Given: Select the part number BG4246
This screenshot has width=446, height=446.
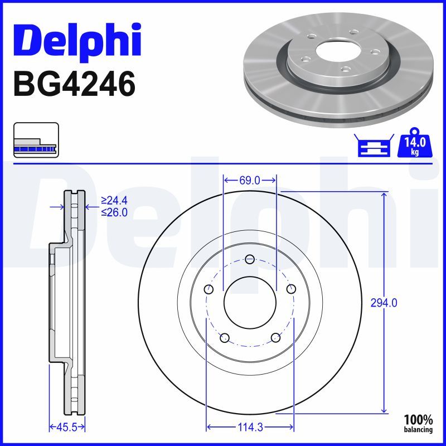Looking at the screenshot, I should pyautogui.click(x=74, y=85).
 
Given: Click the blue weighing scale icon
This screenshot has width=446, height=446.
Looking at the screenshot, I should pyautogui.click(x=372, y=147).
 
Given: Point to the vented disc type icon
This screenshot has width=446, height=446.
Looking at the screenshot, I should pyautogui.click(x=35, y=141).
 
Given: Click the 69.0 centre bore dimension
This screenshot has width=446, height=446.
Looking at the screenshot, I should pyautogui.click(x=250, y=180).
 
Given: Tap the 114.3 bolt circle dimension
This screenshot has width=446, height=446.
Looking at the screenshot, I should pyautogui.click(x=250, y=428).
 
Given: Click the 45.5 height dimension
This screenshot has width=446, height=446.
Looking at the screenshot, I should pyautogui.click(x=66, y=428).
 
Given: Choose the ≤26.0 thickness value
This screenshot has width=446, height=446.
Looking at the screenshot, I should pyautogui.click(x=114, y=212).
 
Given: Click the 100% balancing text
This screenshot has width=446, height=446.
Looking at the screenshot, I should pyautogui.click(x=418, y=423).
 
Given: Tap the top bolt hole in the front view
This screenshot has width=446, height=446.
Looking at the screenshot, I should pyautogui.click(x=250, y=259).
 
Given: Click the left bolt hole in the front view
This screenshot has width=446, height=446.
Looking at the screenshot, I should pyautogui.click(x=209, y=289).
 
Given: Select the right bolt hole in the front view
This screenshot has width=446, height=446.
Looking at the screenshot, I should pyautogui.click(x=290, y=289).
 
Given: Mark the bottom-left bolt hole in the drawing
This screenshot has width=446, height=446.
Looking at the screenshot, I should pyautogui.click(x=225, y=337).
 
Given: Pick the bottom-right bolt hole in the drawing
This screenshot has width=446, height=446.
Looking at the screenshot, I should pyautogui.click(x=275, y=337).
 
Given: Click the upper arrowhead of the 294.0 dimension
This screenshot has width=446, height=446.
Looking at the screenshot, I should pyautogui.click(x=384, y=195).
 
